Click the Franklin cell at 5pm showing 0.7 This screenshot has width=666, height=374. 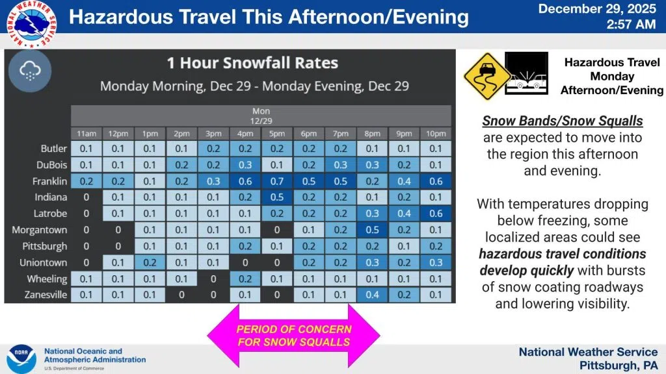[277, 181]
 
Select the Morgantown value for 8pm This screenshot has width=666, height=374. [372, 230]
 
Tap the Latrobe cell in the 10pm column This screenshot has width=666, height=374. [436, 213]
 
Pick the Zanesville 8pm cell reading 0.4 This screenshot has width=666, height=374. [372, 295]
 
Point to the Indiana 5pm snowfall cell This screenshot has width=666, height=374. [277, 197]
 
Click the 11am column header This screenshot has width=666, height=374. [87, 134]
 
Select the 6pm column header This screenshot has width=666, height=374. [309, 134]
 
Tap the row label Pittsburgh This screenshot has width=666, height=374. [45, 246]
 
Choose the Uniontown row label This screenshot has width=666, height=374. [43, 262]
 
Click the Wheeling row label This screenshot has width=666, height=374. [47, 279]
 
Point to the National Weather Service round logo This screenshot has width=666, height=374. [32, 24]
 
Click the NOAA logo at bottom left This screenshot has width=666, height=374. [21, 358]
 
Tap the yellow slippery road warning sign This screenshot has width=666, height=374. [487, 77]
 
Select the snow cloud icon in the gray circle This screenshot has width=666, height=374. [30, 71]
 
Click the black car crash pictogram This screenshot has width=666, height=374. [527, 73]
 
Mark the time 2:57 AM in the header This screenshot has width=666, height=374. [631, 24]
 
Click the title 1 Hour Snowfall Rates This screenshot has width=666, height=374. [253, 63]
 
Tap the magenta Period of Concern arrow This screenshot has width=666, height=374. [293, 336]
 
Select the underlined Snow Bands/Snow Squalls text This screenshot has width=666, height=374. [563, 121]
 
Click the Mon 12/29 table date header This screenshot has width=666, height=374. [261, 116]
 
